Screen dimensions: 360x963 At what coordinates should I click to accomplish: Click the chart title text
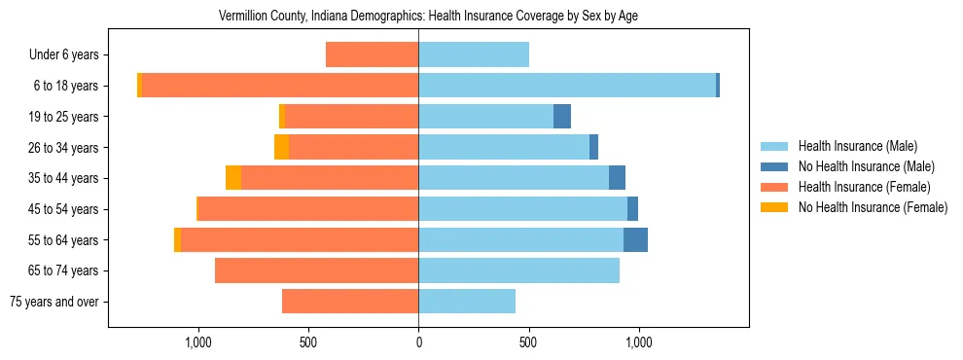(428, 17)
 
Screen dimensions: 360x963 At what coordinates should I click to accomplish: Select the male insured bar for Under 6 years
(474, 54)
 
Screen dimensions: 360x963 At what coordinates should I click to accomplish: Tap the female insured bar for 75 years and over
(350, 302)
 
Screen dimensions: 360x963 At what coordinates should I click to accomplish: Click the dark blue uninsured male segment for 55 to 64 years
(635, 239)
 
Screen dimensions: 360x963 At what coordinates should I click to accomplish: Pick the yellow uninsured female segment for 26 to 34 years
(281, 147)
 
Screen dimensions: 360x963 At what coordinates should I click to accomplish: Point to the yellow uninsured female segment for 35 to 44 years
(233, 178)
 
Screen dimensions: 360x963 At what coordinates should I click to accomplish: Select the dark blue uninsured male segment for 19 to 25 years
(562, 117)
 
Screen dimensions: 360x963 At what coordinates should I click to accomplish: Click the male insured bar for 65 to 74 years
(518, 270)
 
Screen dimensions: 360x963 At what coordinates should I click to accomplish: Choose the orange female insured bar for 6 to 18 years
(280, 86)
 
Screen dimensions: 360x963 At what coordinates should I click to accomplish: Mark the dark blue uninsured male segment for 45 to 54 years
(632, 209)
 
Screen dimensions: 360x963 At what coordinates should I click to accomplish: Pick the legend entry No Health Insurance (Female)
(873, 207)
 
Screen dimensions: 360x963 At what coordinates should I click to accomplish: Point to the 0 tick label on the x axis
(418, 342)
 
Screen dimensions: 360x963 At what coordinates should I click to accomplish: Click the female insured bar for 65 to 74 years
(316, 270)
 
